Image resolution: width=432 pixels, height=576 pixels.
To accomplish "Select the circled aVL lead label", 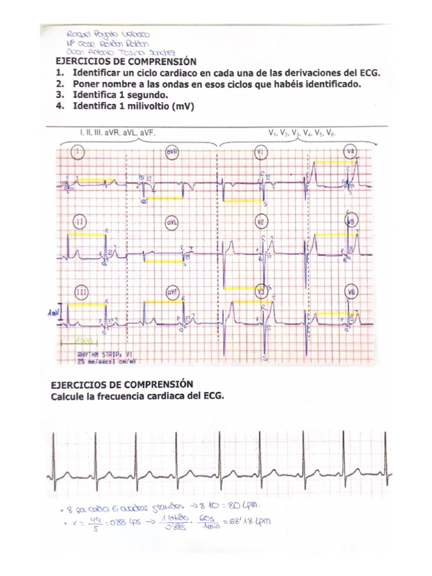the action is (172, 222).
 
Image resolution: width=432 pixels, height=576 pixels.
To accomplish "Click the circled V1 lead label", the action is (260, 152).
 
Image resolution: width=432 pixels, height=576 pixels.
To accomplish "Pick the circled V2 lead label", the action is (260, 221).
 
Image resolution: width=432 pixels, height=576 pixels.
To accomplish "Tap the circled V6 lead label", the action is (352, 291).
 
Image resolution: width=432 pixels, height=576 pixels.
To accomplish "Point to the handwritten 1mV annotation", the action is (53, 312).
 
